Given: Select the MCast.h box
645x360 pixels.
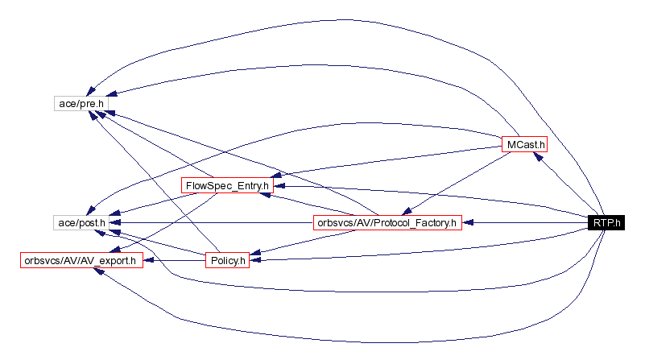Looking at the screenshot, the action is click(524, 144).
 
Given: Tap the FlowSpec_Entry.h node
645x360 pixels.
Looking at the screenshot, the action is click(227, 185).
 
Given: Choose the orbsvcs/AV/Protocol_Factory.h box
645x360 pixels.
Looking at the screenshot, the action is click(387, 222).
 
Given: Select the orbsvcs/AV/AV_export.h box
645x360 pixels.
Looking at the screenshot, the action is click(81, 260).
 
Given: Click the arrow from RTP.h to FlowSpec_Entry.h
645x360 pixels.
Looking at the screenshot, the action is click(435, 197).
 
